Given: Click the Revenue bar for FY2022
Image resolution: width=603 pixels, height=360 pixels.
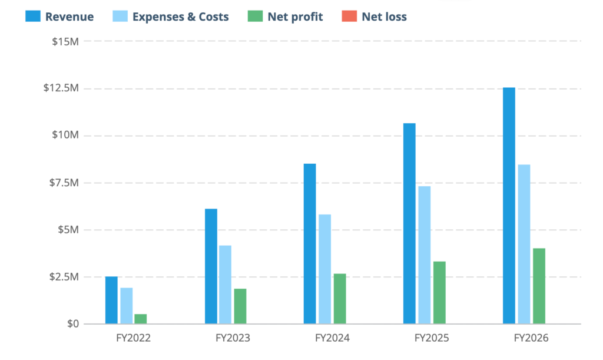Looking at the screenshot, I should tap(111, 300).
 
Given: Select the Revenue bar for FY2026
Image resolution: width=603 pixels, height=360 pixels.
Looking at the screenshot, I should tap(509, 206).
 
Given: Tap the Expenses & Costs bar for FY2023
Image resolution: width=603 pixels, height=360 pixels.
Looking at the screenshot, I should tap(226, 285).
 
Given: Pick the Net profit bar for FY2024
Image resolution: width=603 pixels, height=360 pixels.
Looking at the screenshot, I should tap(340, 299).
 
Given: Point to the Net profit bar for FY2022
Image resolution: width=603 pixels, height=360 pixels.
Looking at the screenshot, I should tap(141, 319).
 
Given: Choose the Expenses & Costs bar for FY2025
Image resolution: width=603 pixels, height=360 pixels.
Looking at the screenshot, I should tap(425, 255).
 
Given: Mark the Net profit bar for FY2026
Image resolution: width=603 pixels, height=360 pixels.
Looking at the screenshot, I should tap(539, 286).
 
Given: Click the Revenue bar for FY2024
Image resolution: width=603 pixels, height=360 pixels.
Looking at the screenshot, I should tap(310, 243).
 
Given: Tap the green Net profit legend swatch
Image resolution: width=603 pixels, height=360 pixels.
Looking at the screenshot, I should tap(254, 16).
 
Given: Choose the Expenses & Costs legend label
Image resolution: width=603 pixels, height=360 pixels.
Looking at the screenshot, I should tap(180, 16).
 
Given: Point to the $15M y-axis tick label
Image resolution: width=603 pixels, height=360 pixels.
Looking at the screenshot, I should tap(65, 41).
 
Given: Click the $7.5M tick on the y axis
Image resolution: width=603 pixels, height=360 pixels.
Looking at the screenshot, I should tap(63, 183).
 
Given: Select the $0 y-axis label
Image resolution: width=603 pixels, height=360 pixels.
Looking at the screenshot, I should tap(72, 324).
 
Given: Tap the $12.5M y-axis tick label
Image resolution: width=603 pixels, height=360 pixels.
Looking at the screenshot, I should tap(61, 88).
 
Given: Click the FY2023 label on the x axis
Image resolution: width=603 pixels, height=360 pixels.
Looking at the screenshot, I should tap(233, 339).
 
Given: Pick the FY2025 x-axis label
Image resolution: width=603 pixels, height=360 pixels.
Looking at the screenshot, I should tap(432, 339).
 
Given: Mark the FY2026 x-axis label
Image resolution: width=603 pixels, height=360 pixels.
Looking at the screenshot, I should tap(531, 339).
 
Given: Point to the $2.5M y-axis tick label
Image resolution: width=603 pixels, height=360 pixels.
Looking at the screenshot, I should tap(63, 277).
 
